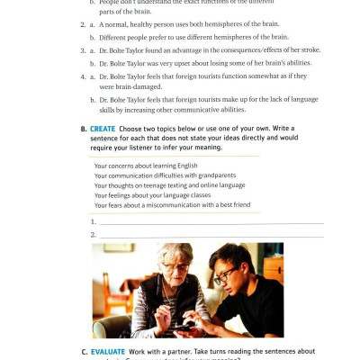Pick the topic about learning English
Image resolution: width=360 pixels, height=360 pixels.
(145, 165)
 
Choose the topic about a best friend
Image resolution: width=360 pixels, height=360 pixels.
(172, 204)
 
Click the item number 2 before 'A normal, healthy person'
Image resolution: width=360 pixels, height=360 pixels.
(80, 23)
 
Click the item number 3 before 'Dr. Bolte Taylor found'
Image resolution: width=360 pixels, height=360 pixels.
(80, 50)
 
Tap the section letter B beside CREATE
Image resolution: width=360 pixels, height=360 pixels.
(83, 129)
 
